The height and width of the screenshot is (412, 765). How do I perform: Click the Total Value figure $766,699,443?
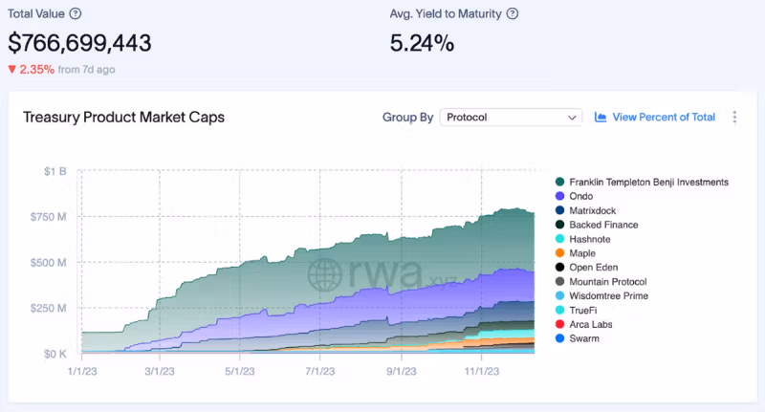pos(79,43)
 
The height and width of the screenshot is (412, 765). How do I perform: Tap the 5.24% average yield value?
pos(422,43)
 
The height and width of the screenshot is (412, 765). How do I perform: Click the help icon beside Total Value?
pos(76,13)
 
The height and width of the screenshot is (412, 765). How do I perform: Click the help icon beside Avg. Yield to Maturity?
pos(513,13)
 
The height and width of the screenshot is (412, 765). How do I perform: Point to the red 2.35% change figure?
pos(31,69)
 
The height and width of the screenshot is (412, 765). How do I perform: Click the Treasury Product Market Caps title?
pos(123,117)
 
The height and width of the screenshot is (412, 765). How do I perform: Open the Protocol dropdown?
pos(511,117)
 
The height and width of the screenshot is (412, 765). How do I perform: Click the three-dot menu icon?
pos(734,117)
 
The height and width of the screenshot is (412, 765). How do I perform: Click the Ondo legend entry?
pos(581,196)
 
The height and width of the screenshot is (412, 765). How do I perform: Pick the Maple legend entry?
pos(582,253)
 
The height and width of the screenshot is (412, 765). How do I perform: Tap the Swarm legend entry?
pos(583,338)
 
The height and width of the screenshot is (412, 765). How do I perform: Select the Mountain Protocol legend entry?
pos(607,282)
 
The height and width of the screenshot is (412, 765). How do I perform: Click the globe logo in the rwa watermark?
pos(325,273)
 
